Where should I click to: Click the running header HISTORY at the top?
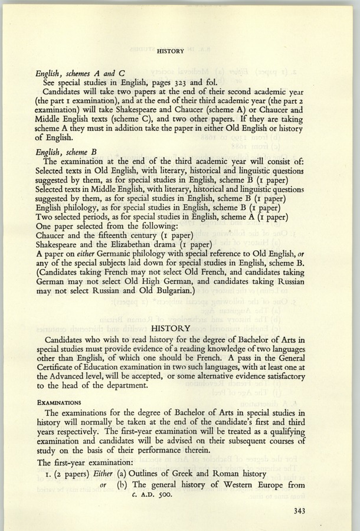(171, 51)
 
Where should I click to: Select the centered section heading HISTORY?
(171, 327)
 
